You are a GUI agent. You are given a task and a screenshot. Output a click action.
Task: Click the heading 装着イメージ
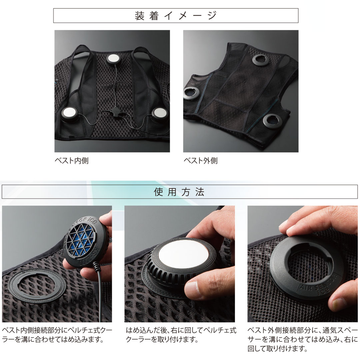[x=176, y=16]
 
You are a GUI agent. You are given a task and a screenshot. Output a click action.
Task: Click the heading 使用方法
[x=179, y=192]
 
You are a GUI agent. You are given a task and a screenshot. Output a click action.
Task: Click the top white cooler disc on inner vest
[x=113, y=59]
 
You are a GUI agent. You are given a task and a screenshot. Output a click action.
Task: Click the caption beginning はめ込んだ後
[x=181, y=335]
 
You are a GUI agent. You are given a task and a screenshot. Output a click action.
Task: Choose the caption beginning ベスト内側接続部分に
[x=57, y=335]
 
